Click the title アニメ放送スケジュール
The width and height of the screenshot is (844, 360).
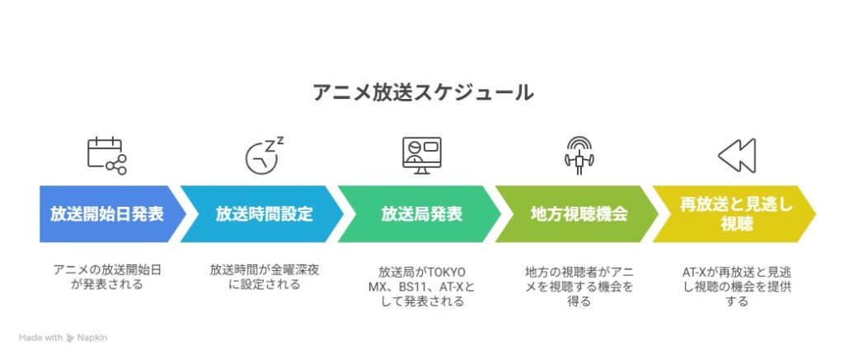(423, 92)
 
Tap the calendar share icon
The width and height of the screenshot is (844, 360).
(107, 156)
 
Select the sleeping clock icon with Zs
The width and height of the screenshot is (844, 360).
(265, 156)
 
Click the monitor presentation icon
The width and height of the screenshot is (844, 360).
(422, 156)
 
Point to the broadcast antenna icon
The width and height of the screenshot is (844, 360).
(579, 156)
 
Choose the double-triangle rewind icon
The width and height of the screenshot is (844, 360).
(737, 156)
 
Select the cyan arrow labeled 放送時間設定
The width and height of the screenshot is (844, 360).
(261, 214)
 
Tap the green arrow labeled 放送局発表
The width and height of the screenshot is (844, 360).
(420, 214)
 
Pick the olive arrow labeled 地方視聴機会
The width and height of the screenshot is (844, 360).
(576, 214)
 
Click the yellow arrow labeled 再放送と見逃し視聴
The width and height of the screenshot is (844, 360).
(734, 214)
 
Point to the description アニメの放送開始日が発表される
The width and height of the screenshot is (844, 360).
(107, 277)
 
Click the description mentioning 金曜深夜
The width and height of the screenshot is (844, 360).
(265, 277)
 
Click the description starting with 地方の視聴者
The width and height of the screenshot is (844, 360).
(579, 287)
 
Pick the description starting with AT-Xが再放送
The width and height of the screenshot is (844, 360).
(737, 287)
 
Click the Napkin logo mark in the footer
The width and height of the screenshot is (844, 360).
(70, 338)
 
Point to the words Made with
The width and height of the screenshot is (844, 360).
(41, 338)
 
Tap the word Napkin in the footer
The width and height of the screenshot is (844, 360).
(92, 339)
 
